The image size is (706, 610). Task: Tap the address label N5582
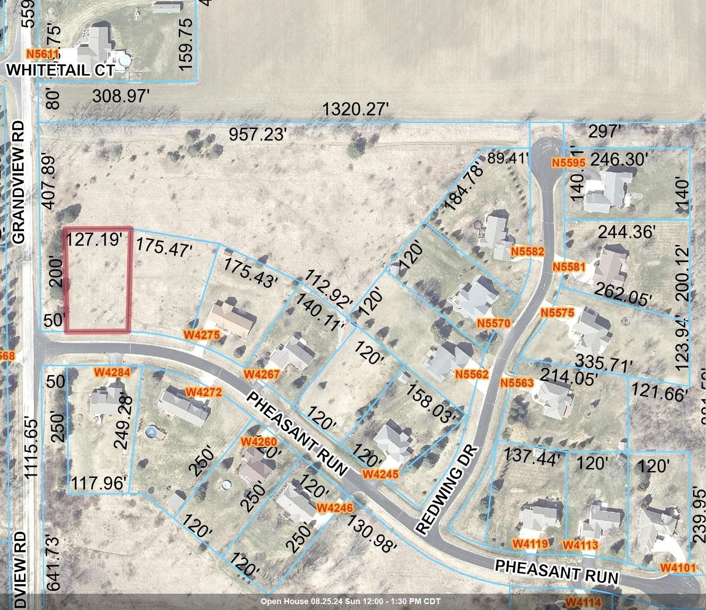coord(527,251)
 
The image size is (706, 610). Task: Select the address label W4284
coord(112,372)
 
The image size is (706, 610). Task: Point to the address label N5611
coord(43,54)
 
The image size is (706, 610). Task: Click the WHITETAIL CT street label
coord(60,70)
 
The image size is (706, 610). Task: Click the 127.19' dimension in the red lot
coord(95,239)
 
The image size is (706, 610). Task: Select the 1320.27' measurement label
coord(356,110)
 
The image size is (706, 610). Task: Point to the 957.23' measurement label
coord(258,134)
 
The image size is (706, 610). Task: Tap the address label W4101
coord(677,567)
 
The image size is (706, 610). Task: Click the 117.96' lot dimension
coord(98,484)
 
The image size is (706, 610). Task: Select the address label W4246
coord(334,508)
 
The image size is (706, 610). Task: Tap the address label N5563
coord(517,383)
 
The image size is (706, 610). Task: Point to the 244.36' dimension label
coord(627,232)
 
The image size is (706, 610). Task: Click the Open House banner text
coord(350,601)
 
